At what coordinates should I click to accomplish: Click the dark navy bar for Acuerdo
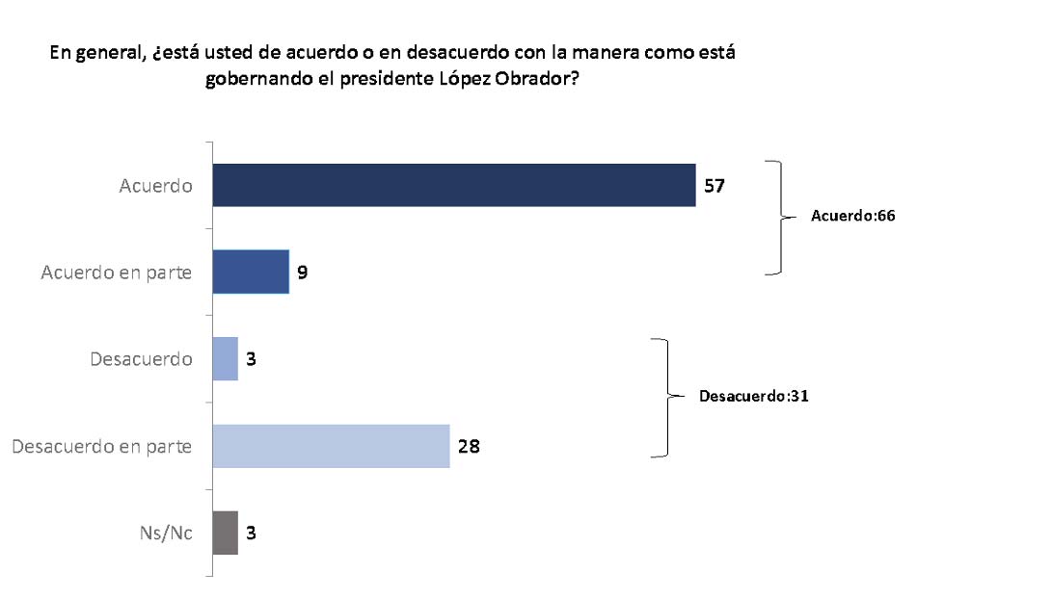[453, 185]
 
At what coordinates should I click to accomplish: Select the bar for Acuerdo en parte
[251, 272]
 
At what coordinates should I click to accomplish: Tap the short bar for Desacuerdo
[225, 358]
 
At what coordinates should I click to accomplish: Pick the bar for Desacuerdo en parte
[331, 446]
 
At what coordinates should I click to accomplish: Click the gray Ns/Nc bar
[225, 533]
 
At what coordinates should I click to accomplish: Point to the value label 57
[714, 186]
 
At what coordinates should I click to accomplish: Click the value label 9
[302, 273]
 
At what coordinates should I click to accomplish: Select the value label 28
[469, 446]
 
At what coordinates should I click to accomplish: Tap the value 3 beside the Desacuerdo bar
[250, 359]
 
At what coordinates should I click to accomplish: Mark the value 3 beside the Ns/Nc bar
[250, 533]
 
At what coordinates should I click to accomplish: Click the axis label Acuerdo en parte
[117, 273]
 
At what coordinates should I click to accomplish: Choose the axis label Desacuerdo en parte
[101, 446]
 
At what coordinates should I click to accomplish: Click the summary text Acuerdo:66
[853, 217]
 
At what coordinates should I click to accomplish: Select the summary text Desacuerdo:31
[752, 396]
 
